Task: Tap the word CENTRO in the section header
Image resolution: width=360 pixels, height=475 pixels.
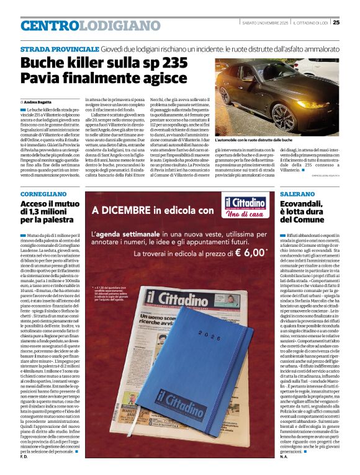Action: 50,25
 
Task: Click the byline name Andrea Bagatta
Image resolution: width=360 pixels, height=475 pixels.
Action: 38,101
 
